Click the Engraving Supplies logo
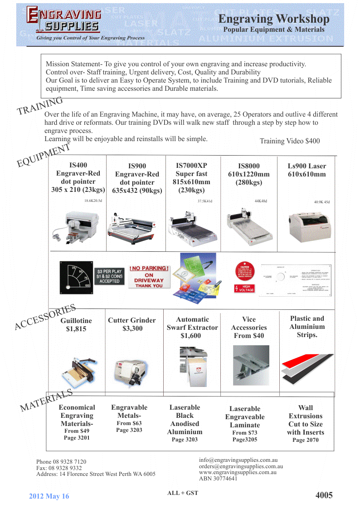pyautogui.click(x=63, y=20)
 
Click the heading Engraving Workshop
pyautogui.click(x=273, y=19)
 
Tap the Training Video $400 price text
pyautogui.click(x=289, y=141)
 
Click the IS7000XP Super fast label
pyautogui.click(x=191, y=170)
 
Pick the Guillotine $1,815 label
pyautogui.click(x=76, y=325)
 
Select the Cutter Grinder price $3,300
pyautogui.click(x=132, y=328)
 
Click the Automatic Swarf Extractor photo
pyautogui.click(x=192, y=367)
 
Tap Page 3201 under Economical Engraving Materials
pyautogui.click(x=77, y=438)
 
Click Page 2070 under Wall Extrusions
pyautogui.click(x=305, y=440)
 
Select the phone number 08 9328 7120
pyautogui.click(x=61, y=462)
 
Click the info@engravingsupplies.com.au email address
pyautogui.click(x=238, y=460)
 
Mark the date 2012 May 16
pyautogui.click(x=49, y=496)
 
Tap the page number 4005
pyautogui.click(x=324, y=495)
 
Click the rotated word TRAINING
pyautogui.click(x=40, y=106)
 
